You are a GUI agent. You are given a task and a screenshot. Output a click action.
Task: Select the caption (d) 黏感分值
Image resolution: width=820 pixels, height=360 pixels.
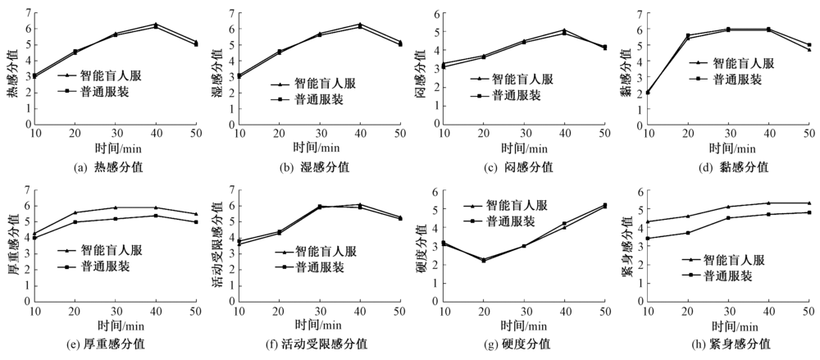731,166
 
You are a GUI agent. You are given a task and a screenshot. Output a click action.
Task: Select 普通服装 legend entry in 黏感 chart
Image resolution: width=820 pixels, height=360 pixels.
732,80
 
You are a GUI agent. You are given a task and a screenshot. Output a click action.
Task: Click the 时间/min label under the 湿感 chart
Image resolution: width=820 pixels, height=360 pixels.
318,148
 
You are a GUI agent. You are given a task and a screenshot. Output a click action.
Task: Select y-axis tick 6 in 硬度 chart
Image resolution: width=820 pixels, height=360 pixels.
434,192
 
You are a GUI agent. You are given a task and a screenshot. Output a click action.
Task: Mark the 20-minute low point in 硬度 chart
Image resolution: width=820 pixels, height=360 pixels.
483,260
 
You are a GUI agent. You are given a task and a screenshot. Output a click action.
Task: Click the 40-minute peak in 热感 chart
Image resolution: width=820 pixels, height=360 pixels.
156,25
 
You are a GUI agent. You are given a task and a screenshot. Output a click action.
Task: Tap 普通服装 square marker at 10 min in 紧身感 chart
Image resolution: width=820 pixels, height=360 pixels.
649,239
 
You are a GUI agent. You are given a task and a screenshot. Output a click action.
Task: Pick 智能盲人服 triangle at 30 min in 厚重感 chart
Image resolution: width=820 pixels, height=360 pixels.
116,207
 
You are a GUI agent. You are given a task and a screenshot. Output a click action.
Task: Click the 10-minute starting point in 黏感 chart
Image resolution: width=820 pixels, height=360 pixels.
648,93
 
